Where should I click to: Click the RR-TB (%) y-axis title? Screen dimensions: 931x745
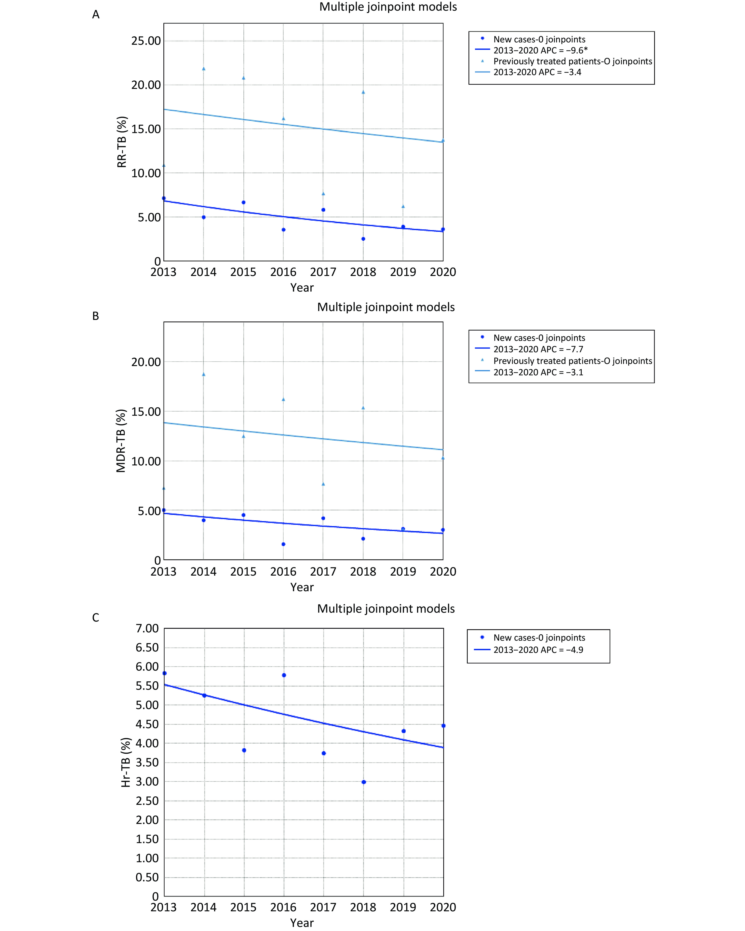click(x=122, y=142)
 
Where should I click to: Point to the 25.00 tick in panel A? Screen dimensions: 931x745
click(x=146, y=41)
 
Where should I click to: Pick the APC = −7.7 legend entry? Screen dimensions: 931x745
click(x=538, y=349)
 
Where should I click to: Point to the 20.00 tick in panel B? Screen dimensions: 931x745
click(x=146, y=362)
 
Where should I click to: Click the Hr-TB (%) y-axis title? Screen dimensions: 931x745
click(x=126, y=763)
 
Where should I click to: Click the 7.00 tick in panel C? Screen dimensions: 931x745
click(x=147, y=628)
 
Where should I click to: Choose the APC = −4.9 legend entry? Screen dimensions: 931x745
click(x=538, y=650)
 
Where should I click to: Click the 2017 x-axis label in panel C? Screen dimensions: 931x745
click(x=323, y=907)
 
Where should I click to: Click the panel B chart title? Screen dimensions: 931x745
click(x=386, y=307)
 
